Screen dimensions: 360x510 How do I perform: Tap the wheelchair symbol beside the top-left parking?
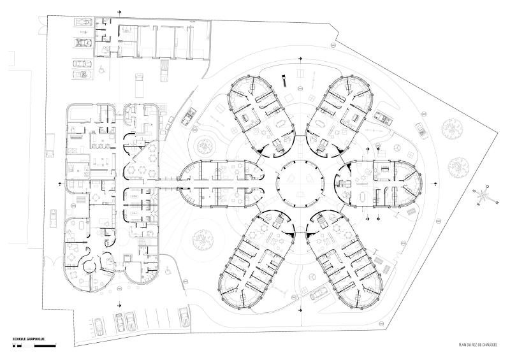[x=100, y=71]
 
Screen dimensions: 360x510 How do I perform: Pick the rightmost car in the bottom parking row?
[x=184, y=316]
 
